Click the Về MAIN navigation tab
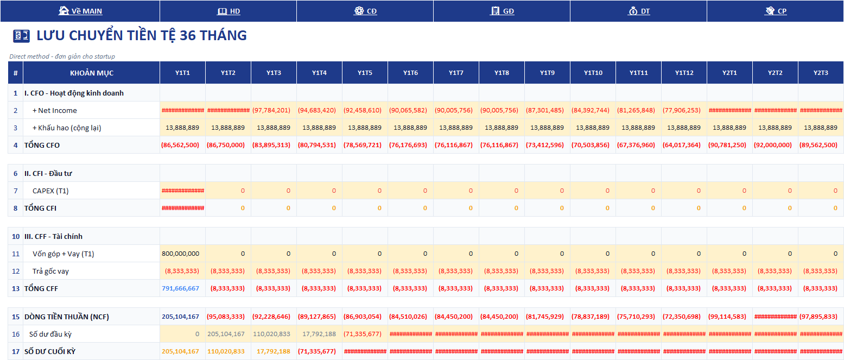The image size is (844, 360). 80,11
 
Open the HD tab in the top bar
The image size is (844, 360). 229,11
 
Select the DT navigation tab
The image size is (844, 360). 639,11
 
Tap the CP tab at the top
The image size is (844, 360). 776,11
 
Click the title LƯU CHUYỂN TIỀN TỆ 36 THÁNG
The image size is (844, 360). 142,35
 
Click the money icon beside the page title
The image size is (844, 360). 21,36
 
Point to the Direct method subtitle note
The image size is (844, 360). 62,56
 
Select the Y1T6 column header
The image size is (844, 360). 410,73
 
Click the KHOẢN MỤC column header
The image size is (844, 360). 92,73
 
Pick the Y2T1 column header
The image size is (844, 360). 729,73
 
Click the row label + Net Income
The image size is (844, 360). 55,110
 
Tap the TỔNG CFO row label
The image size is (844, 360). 42,145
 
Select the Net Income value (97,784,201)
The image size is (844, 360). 271,110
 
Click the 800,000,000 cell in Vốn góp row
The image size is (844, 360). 181,254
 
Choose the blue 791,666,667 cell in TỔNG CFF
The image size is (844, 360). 181,288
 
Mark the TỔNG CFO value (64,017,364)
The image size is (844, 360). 681,145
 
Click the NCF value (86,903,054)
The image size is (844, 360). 362,317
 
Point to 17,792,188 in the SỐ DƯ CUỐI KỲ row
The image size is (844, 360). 274,351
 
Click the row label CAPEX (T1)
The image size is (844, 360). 50,191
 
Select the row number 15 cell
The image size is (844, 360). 15,317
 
